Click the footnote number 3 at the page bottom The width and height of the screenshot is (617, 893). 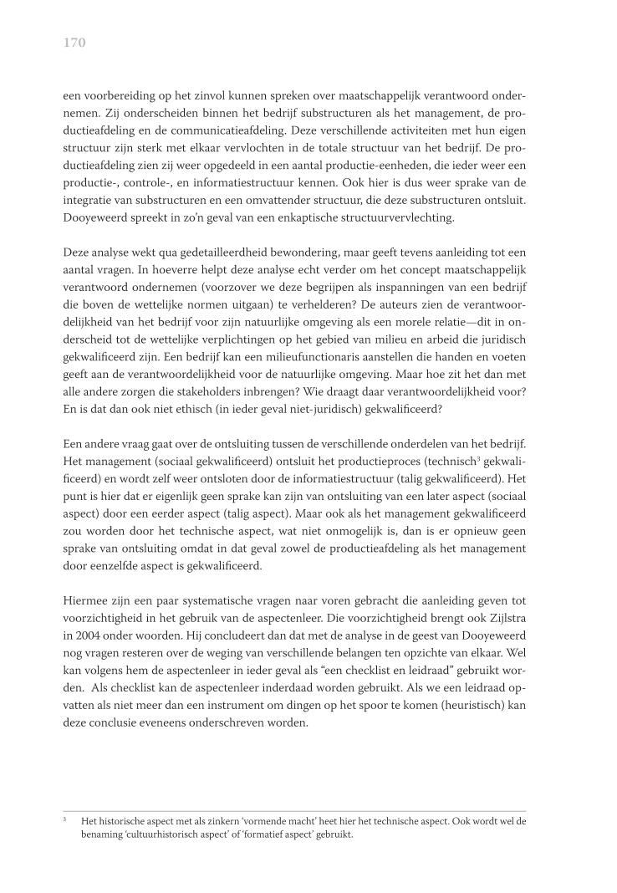[x=65, y=819]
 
